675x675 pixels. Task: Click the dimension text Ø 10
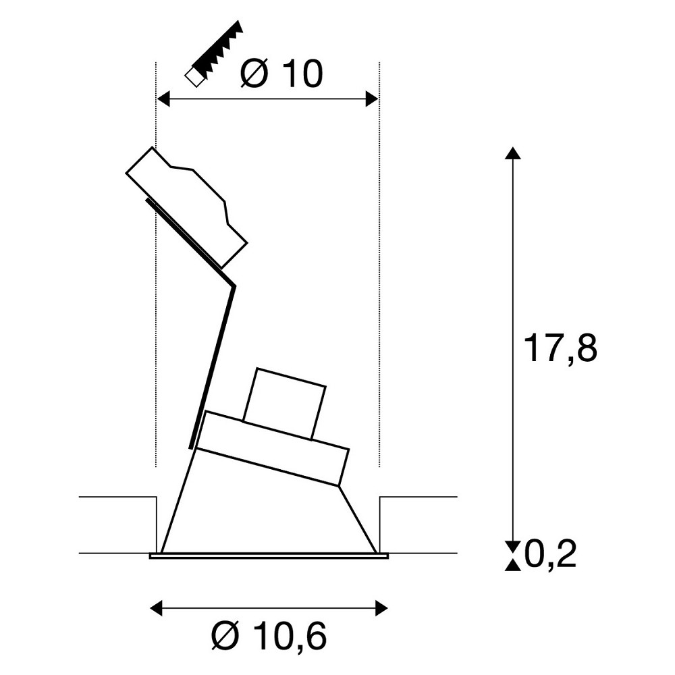coord(281,74)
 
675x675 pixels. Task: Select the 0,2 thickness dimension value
coord(551,554)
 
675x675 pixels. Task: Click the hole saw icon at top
coord(214,53)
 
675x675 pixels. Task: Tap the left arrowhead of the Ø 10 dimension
coord(163,99)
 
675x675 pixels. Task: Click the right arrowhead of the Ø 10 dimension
coord(372,99)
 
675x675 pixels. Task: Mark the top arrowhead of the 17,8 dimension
coord(512,153)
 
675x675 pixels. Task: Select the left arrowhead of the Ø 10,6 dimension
coord(156,609)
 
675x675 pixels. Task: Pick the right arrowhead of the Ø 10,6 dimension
coord(382,609)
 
